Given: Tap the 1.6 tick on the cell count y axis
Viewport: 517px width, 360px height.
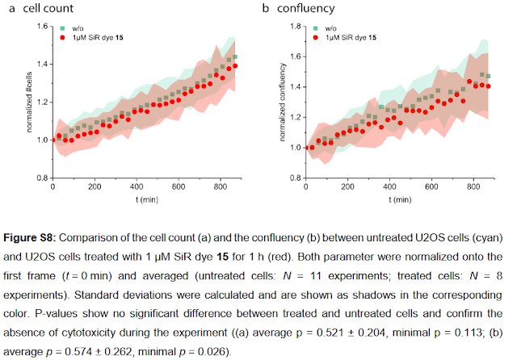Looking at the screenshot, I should point(40,27).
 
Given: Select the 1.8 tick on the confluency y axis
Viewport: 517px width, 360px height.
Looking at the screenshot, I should point(294,27).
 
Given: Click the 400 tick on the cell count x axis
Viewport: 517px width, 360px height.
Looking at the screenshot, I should point(135,186).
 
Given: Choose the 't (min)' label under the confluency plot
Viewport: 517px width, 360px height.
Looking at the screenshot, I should point(398,198).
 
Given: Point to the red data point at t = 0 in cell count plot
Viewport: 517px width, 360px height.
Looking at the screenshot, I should point(53,140).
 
